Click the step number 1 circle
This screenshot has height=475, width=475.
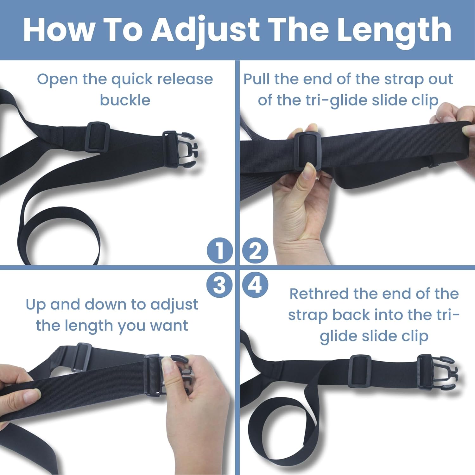click(220, 250)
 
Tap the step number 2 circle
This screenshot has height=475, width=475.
click(255, 250)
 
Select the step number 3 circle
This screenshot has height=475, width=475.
click(220, 285)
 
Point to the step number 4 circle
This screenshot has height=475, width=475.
click(255, 285)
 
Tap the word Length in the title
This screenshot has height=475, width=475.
click(394, 30)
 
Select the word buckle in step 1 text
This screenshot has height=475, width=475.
click(125, 100)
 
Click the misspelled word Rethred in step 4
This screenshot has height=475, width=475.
click(319, 294)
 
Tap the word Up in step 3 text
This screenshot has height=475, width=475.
click(35, 305)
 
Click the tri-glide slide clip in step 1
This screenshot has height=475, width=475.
click(98, 137)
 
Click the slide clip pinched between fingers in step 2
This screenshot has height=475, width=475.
click(307, 150)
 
